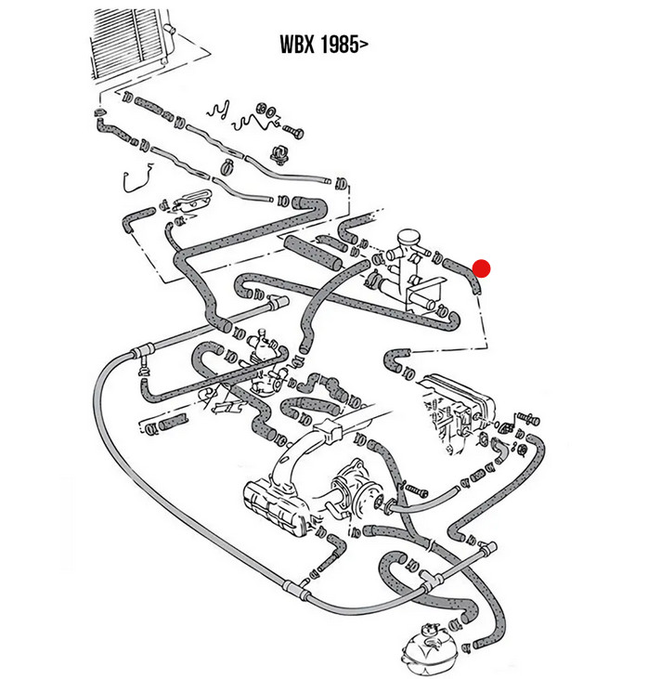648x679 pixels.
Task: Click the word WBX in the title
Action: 298,44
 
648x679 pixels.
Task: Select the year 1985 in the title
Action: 340,44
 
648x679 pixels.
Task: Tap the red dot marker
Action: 481,268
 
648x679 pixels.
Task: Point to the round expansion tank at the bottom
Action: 427,648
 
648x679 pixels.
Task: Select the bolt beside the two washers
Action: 293,131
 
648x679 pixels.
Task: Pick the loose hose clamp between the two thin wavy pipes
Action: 227,166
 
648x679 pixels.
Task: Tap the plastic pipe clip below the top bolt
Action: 279,154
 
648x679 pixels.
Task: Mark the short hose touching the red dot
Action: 462,276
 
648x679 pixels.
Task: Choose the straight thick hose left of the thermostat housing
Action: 313,252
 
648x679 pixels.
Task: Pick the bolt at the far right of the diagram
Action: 527,419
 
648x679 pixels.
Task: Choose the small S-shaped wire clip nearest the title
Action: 218,110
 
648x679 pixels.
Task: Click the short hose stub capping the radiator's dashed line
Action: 99,113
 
